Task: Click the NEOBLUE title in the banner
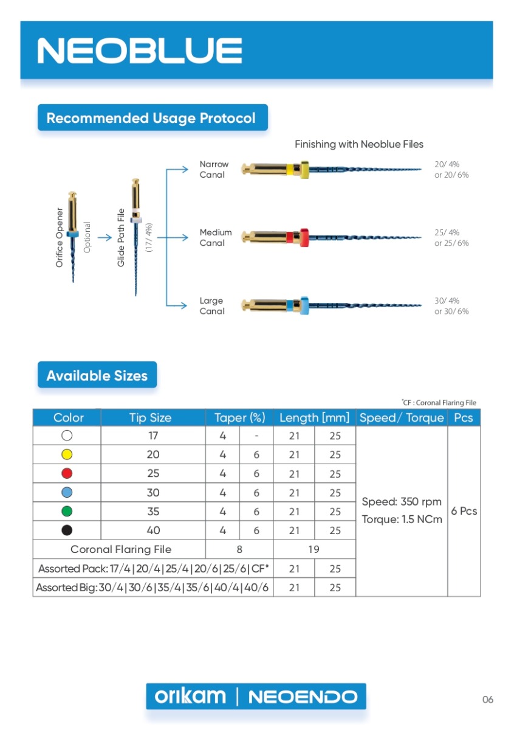(140, 50)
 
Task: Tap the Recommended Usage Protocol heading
(151, 118)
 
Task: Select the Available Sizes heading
(97, 375)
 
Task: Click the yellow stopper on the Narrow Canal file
(304, 170)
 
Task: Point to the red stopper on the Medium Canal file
(304, 238)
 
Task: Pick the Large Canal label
(212, 305)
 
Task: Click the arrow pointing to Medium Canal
(173, 238)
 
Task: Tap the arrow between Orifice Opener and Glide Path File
(105, 238)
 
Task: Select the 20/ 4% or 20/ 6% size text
(451, 170)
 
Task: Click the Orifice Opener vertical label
(60, 238)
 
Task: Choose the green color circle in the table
(67, 512)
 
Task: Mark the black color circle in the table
(67, 530)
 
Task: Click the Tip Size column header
(150, 418)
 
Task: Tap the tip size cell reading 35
(153, 512)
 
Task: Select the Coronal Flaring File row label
(121, 549)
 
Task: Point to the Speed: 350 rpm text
(402, 501)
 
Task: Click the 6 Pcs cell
(464, 511)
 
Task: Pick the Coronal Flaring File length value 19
(314, 549)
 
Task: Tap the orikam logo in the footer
(190, 696)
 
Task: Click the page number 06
(488, 700)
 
